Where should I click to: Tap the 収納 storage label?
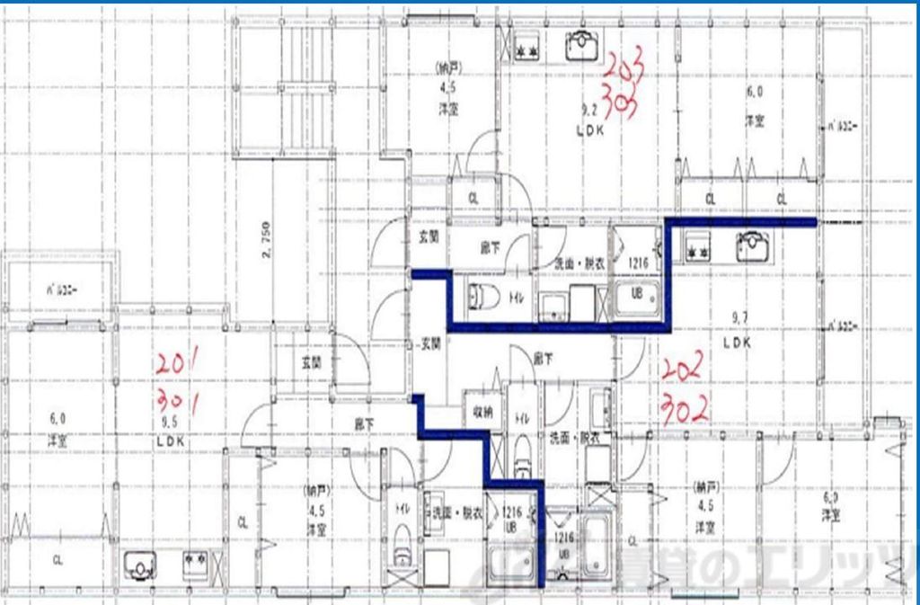(x=482, y=413)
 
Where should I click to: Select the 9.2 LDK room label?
(x=592, y=120)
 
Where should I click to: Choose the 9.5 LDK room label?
(x=170, y=435)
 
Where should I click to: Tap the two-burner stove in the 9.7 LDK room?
(x=698, y=245)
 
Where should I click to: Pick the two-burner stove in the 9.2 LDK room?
(x=526, y=50)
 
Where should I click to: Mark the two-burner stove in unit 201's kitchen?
(x=197, y=564)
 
